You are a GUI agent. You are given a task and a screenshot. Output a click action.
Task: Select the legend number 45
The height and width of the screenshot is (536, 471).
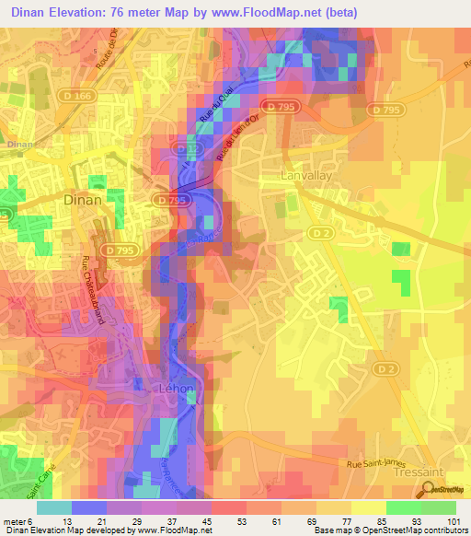tap(181, 522)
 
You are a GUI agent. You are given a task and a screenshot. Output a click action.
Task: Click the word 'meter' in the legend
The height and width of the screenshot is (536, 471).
tap(13, 522)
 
